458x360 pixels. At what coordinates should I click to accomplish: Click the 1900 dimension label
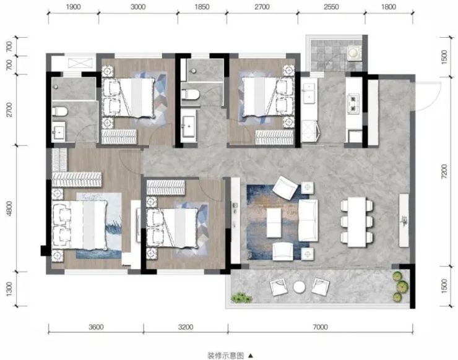pyautogui.click(x=73, y=7)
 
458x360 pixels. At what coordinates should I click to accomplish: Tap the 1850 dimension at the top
pyautogui.click(x=202, y=7)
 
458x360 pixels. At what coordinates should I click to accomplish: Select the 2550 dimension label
pyautogui.click(x=331, y=7)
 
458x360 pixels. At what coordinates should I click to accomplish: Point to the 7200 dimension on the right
pyautogui.click(x=444, y=171)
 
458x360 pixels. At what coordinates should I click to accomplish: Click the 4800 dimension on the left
pyautogui.click(x=10, y=208)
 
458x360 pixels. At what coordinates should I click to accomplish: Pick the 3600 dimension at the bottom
pyautogui.click(x=96, y=327)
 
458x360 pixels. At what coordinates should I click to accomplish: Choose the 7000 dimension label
pyautogui.click(x=321, y=327)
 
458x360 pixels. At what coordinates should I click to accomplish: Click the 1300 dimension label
pyautogui.click(x=10, y=289)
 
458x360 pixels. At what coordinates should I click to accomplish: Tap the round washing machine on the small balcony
pyautogui.click(x=353, y=53)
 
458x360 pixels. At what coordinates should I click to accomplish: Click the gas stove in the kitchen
pyautogui.click(x=353, y=104)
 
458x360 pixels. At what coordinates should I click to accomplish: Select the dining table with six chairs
pyautogui.click(x=357, y=222)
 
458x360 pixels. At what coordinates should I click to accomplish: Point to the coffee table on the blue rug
pyautogui.click(x=274, y=223)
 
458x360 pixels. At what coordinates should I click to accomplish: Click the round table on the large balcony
pyautogui.click(x=300, y=287)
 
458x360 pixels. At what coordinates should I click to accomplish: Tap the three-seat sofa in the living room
pyautogui.click(x=308, y=221)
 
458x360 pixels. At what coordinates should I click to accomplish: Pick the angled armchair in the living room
pyautogui.click(x=285, y=187)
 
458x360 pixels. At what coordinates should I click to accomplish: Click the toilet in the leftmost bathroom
pyautogui.click(x=60, y=111)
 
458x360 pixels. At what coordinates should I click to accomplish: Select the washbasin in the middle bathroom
pyautogui.click(x=188, y=126)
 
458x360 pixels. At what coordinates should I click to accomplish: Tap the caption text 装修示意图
pyautogui.click(x=225, y=356)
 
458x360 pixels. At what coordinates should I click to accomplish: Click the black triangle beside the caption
pyautogui.click(x=251, y=356)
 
